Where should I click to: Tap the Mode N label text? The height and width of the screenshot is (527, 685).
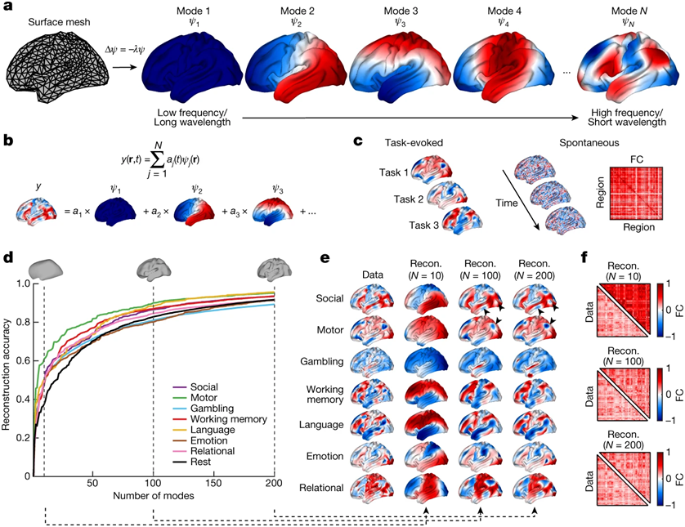(629, 11)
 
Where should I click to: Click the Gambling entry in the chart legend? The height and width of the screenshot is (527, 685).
(212, 409)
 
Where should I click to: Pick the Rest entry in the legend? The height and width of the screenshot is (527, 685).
(200, 462)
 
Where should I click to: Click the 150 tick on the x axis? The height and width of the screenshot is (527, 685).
(213, 484)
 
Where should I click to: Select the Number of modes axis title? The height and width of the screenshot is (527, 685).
(154, 496)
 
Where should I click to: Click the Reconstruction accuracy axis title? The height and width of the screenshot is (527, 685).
(6, 375)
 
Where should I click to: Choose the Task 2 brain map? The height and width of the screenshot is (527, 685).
(447, 195)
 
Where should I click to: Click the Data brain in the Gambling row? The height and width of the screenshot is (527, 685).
(373, 361)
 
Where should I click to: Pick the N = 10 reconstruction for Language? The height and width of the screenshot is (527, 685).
(426, 425)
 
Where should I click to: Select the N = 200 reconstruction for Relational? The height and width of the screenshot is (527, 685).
(535, 488)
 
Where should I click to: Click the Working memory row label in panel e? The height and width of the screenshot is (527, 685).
(325, 395)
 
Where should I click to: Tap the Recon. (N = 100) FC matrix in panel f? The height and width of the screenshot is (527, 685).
(624, 394)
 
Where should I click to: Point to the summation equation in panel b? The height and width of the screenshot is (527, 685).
(160, 160)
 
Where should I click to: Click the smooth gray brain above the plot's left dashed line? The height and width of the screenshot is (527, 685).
(46, 269)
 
